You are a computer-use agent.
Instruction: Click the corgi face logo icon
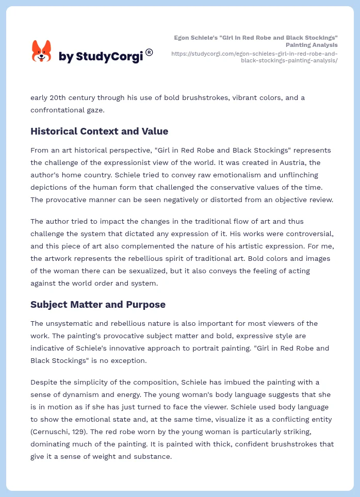[42, 52]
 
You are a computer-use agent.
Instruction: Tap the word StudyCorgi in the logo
[109, 57]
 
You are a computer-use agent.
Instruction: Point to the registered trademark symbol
[150, 52]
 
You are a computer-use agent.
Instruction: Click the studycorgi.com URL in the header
[254, 57]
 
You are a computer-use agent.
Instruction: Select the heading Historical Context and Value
[99, 131]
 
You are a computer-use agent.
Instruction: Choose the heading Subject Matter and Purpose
[98, 304]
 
